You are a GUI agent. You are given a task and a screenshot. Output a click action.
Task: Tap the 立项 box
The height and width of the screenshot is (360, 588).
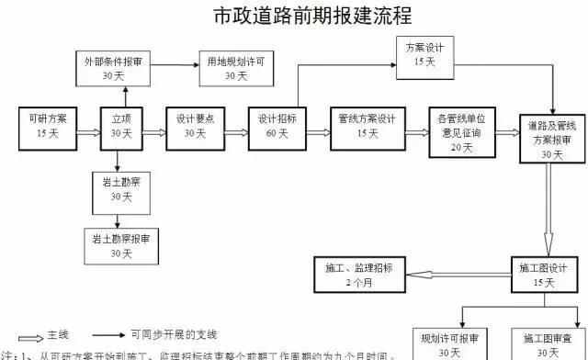pos(121,126)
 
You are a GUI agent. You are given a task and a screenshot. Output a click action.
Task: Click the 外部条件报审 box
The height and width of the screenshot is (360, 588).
pos(113,69)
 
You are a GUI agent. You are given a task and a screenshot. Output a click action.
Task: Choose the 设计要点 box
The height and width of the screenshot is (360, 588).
pos(195,126)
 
